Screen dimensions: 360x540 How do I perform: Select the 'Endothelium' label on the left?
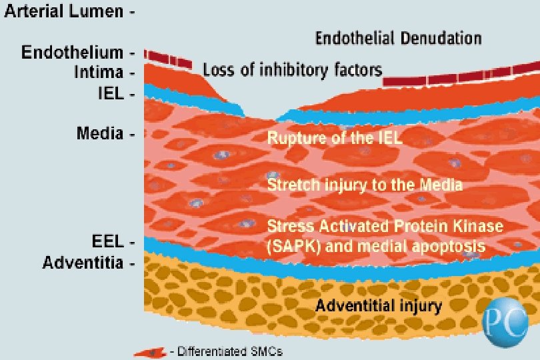[x=72, y=52]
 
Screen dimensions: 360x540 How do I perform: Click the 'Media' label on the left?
[x=100, y=133]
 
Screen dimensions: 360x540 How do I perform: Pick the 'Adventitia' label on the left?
[x=83, y=263]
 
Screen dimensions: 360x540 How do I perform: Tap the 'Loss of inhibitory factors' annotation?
[x=292, y=69]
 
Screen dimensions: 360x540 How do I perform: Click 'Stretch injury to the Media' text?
[x=365, y=183]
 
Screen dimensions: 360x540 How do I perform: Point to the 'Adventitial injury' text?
[x=379, y=307]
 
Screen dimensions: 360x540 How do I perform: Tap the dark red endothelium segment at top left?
[x=169, y=59]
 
